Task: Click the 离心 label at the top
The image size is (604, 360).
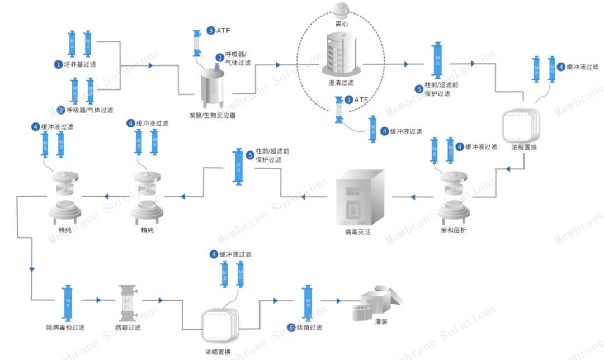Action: click(341, 24)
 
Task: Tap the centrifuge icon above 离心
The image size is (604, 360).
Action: click(341, 10)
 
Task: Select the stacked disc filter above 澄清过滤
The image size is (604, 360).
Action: click(341, 55)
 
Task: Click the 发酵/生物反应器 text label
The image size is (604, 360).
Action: click(213, 116)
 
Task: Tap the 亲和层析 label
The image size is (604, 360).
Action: click(453, 230)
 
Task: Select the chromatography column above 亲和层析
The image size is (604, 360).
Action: click(454, 196)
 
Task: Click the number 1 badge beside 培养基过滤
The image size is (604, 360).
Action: click(58, 64)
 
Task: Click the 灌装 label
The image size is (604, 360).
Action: click(381, 322)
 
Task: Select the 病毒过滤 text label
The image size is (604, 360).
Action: click(128, 328)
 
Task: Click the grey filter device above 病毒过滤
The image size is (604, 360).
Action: click(128, 300)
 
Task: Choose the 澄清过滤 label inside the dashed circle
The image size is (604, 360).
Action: click(341, 83)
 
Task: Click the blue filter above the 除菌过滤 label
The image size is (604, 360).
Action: click(307, 301)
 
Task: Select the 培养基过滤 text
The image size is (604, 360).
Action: click(80, 64)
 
